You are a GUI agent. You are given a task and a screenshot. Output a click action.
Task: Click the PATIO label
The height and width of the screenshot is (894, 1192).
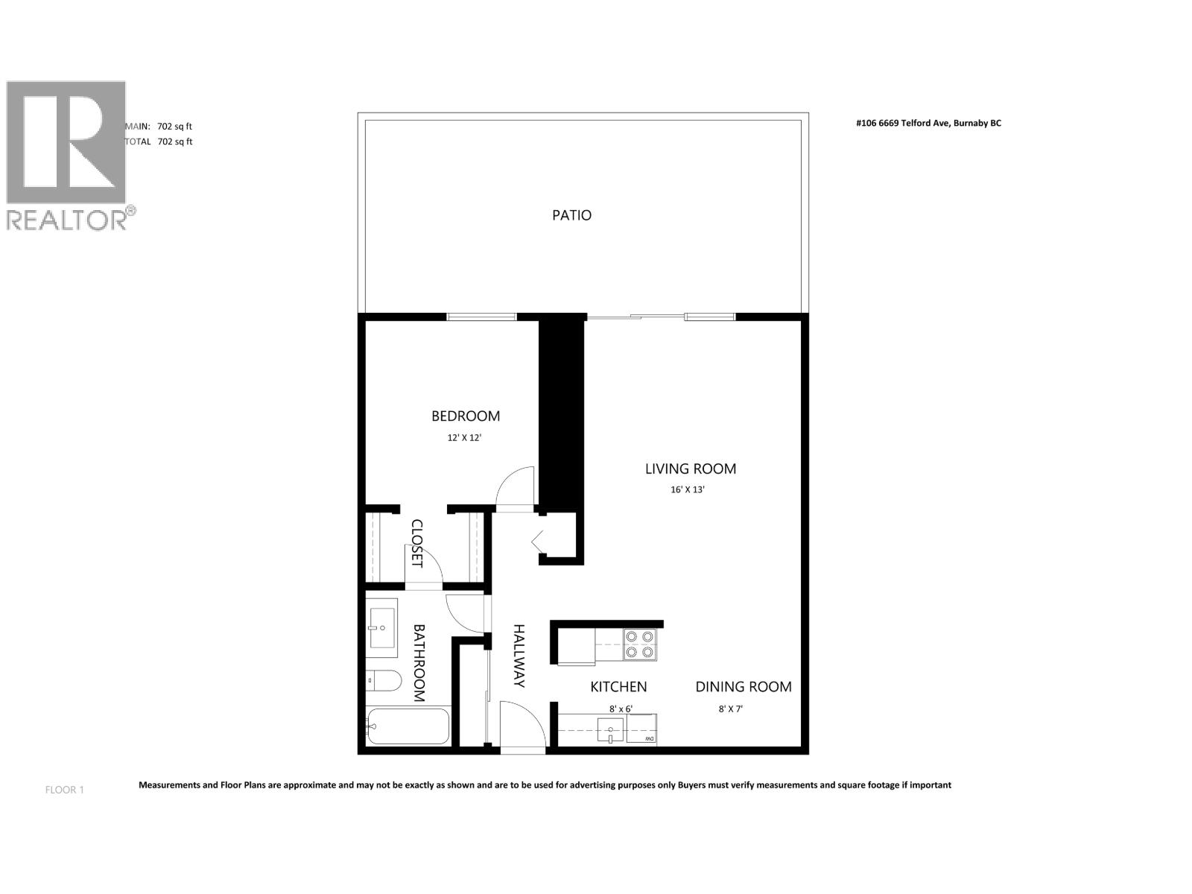pyautogui.click(x=571, y=215)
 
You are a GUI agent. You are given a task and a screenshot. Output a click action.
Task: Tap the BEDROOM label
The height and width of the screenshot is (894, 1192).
pyautogui.click(x=466, y=416)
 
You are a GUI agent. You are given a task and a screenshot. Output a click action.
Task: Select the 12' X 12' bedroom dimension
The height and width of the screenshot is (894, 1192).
pyautogui.click(x=464, y=438)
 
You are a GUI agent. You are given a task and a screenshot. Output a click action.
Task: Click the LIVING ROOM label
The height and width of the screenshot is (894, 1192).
pyautogui.click(x=690, y=469)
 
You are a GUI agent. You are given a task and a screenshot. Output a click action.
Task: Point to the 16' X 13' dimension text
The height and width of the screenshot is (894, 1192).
pyautogui.click(x=687, y=490)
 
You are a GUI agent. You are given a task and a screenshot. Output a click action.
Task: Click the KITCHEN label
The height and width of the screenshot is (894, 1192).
pyautogui.click(x=618, y=687)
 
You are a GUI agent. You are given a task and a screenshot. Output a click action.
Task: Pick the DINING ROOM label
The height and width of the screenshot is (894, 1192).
pyautogui.click(x=743, y=687)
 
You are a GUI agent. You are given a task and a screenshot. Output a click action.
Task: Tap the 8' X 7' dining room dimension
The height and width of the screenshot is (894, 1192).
pyautogui.click(x=730, y=709)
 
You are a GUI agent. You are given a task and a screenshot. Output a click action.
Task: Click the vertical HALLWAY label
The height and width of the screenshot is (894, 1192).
pyautogui.click(x=519, y=656)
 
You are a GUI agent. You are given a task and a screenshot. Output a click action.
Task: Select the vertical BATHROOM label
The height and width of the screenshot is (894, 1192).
pyautogui.click(x=419, y=663)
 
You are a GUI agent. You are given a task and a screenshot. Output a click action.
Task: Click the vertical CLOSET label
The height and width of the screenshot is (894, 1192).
pyautogui.click(x=416, y=543)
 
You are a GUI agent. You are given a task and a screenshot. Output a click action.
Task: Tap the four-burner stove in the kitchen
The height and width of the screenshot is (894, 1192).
pyautogui.click(x=639, y=644)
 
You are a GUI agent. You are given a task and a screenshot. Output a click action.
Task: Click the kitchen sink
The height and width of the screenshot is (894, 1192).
pyautogui.click(x=610, y=729)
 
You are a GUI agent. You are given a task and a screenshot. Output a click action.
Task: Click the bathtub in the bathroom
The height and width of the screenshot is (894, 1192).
pyautogui.click(x=408, y=726)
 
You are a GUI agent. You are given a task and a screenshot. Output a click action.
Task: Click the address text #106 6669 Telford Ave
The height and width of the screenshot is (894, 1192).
pyautogui.click(x=928, y=124)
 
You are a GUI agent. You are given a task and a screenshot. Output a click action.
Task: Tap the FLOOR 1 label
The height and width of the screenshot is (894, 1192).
pyautogui.click(x=65, y=790)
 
